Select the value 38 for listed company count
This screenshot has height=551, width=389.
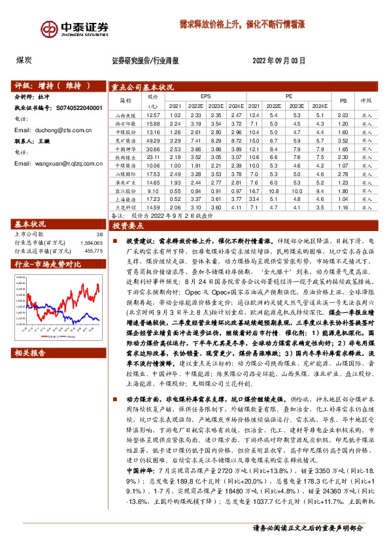99,234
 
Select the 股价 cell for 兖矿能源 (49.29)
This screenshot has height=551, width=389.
154,140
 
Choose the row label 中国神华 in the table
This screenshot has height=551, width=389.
126,149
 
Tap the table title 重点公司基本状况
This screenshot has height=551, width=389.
143,86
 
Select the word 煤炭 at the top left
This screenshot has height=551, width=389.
24,60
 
